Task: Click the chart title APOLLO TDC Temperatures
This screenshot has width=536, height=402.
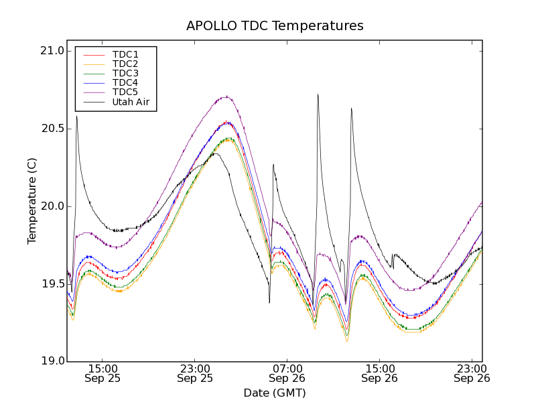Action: click(x=275, y=26)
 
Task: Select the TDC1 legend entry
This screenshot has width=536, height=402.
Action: click(x=125, y=54)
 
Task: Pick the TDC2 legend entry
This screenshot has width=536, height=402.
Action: click(x=125, y=64)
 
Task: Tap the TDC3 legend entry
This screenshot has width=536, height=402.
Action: click(x=125, y=73)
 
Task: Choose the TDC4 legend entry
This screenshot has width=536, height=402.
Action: click(x=125, y=82)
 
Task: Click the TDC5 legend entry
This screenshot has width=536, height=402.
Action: click(x=125, y=92)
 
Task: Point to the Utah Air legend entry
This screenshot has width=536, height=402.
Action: click(x=131, y=103)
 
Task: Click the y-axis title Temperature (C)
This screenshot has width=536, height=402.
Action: click(x=32, y=201)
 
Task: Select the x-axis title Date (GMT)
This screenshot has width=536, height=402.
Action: click(x=275, y=393)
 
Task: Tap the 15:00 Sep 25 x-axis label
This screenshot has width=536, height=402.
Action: click(x=103, y=373)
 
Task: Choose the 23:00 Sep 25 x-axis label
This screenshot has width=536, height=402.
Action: click(x=195, y=373)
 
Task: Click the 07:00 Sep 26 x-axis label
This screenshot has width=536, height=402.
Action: click(x=287, y=373)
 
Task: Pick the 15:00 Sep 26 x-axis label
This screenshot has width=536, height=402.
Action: click(x=380, y=373)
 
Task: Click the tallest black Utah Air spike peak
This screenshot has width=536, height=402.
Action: click(x=318, y=94)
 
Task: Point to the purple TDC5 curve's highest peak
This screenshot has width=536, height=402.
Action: click(x=227, y=96)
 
